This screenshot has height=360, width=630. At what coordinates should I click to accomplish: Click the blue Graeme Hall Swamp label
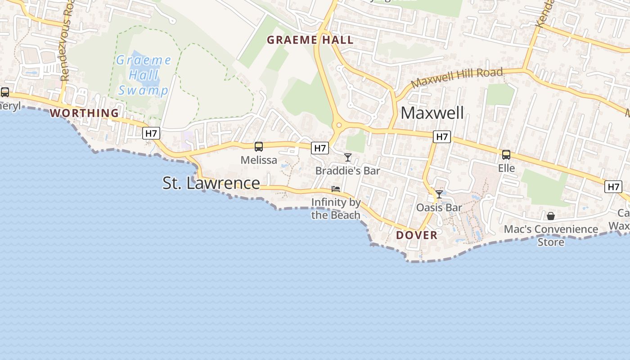144,75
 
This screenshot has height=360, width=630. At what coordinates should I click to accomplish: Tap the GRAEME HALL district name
310,40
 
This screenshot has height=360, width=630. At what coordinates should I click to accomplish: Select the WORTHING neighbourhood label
84,113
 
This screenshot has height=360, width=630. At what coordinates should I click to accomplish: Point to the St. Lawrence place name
211,183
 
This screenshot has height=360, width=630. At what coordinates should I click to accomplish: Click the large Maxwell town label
432,113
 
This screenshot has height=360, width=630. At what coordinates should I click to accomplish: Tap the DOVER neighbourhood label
417,235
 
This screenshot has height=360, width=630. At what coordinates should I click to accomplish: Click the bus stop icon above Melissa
259,147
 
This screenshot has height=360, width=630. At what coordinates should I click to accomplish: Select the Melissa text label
259,160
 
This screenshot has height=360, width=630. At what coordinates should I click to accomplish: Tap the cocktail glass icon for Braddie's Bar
348,157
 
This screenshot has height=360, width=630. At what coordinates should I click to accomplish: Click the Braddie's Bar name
348,171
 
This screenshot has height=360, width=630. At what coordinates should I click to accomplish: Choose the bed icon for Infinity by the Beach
336,189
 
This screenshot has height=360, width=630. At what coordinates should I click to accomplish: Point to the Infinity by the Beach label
336,208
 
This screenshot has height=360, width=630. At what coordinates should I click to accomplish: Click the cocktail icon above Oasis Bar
439,194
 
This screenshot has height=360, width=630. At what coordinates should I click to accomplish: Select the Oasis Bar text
439,207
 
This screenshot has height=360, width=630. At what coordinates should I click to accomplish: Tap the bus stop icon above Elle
506,155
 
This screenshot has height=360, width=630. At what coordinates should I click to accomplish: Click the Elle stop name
506,168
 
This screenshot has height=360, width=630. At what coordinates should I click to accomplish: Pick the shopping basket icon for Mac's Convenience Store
551,216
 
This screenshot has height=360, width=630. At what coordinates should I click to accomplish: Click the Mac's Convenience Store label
551,235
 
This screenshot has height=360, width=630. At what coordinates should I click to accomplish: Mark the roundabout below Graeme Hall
339,126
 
